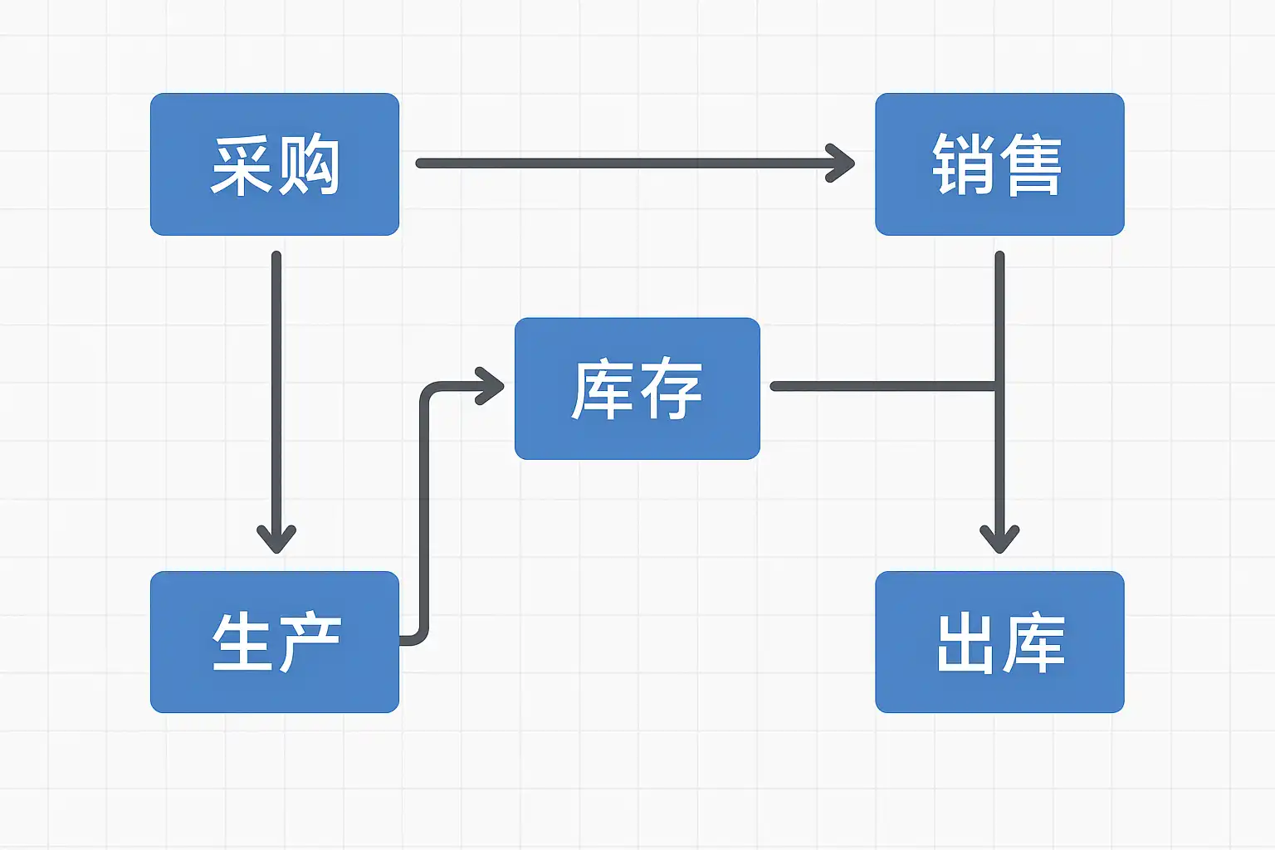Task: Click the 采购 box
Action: pos(275,164)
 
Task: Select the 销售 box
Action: pos(999,164)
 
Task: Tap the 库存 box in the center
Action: pos(637,388)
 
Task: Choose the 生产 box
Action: pos(275,642)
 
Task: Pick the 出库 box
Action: pos(999,642)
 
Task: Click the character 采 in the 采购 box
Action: pos(242,165)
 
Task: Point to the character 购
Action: pos(307,165)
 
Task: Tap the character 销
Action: pos(963,165)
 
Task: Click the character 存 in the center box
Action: pos(671,389)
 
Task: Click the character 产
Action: pos(309,642)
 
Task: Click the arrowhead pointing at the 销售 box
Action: pos(841,164)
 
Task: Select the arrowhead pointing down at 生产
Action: pos(276,539)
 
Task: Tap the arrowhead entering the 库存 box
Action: pos(490,386)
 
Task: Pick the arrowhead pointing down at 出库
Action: pos(999,539)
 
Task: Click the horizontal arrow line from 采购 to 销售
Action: pos(635,164)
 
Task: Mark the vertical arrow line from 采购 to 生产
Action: pos(276,403)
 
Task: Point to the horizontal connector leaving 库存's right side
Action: pos(884,386)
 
